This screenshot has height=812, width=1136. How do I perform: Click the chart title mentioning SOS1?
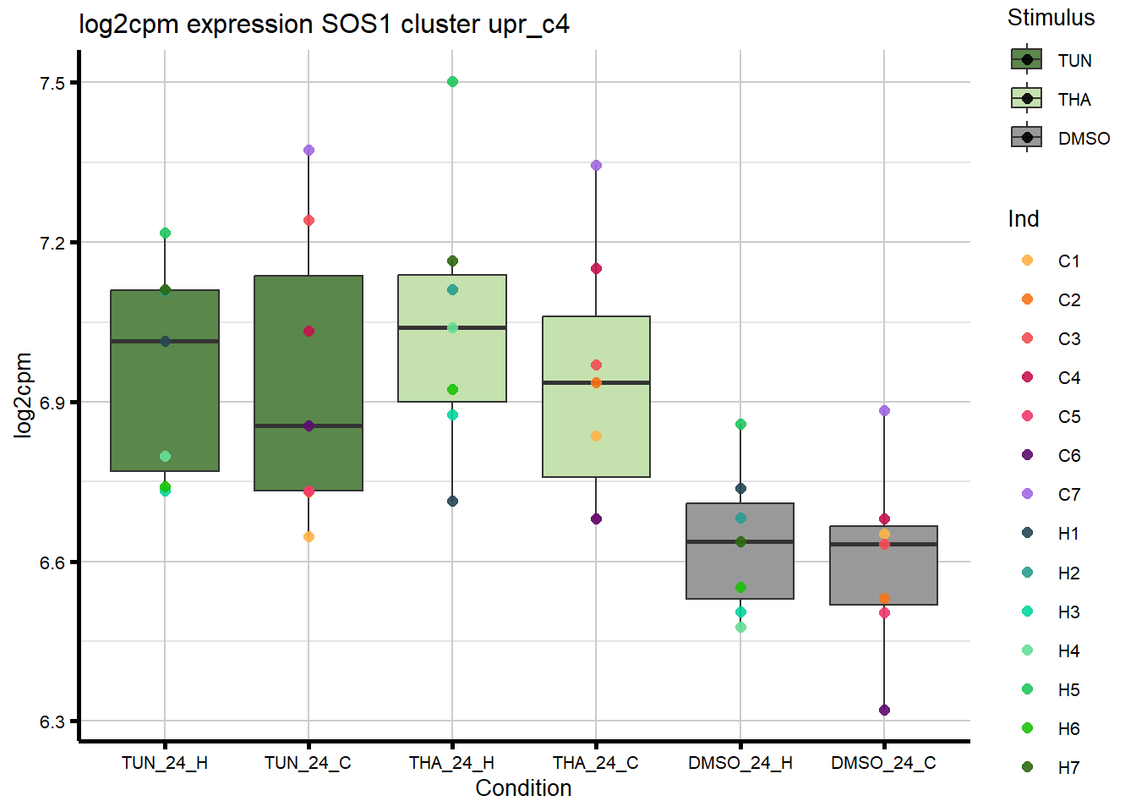324,24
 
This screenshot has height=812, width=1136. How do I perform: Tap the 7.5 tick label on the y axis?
52,83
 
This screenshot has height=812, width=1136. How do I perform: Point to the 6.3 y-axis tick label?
52,721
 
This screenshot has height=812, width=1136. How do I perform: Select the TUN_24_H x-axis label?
165,763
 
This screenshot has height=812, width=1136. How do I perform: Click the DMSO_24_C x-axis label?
883,763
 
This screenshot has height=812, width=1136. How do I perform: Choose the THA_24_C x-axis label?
596,763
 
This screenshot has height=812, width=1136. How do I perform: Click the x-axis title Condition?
523,788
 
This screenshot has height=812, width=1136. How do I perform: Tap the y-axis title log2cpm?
23,395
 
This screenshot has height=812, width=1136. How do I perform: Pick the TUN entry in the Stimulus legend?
1074,61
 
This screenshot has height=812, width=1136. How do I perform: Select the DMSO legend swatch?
1026,137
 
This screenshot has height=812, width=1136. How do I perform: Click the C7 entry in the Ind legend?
1068,495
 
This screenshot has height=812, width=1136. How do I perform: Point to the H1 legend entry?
1068,534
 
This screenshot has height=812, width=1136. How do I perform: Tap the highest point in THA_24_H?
452,82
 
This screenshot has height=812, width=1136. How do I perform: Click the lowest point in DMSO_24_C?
884,710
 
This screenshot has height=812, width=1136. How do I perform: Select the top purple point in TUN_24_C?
309,151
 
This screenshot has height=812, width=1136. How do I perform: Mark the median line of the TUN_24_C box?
309,425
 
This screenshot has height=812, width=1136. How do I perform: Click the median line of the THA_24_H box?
452,327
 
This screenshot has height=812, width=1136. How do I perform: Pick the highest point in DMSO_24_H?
740,425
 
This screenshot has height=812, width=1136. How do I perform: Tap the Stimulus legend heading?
1051,18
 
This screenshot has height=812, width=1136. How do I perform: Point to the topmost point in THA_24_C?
596,166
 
